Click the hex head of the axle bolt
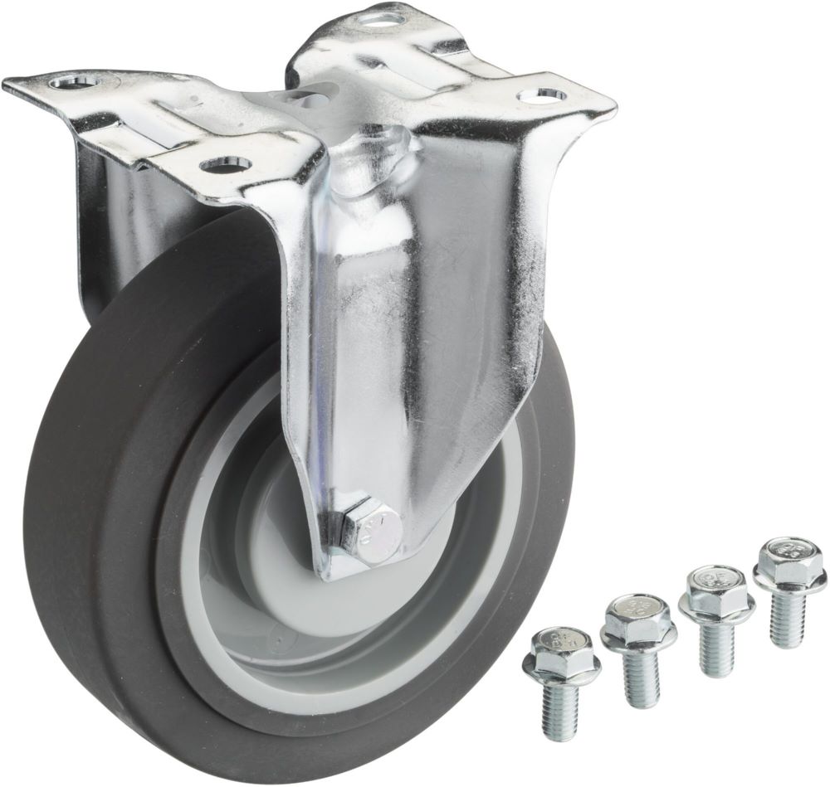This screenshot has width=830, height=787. coord(370,529)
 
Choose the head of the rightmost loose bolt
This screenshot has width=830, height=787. coord(789,557)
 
